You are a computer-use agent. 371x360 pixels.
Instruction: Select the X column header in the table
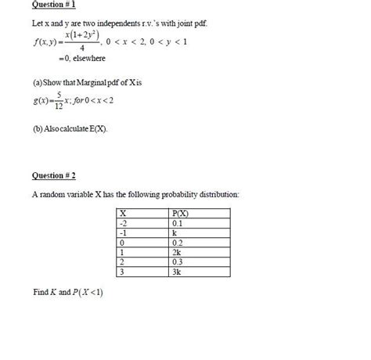pyautogui.click(x=122, y=213)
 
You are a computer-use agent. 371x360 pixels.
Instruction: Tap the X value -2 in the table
pyautogui.click(x=122, y=223)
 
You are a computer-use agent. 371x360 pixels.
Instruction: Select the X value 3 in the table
pyautogui.click(x=121, y=272)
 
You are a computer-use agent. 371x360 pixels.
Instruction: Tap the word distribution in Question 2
pyautogui.click(x=211, y=193)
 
